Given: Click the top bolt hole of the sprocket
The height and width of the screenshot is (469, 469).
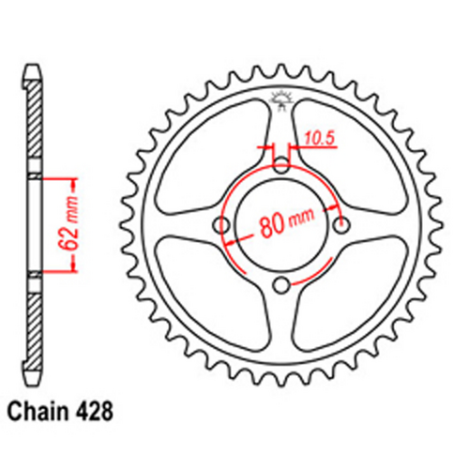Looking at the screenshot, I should point(282,167).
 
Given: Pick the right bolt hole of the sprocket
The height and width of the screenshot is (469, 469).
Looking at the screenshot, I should point(341,226).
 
